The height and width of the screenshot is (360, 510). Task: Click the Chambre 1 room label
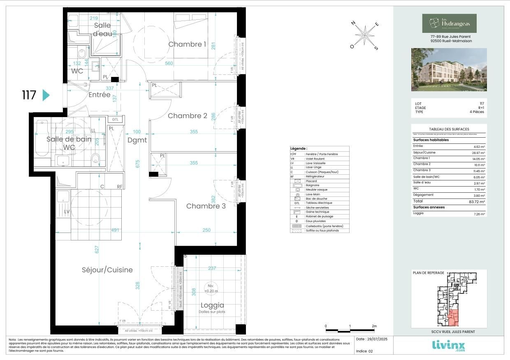coord(187,44)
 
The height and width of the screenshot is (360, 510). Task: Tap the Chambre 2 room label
coord(187,116)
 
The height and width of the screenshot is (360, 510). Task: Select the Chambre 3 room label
coord(206,206)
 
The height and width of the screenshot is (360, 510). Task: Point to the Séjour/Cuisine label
coord(107,270)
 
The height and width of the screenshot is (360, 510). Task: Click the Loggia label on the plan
coord(212,305)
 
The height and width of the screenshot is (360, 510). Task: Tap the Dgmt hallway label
coord(137,140)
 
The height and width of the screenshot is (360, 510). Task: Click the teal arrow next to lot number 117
coord(46,95)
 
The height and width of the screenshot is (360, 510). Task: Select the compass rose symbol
coord(364,35)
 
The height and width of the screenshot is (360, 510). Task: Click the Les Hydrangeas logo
coord(449,23)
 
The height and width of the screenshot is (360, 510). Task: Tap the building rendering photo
coord(449,69)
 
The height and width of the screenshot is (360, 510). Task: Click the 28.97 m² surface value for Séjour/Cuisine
coord(479,152)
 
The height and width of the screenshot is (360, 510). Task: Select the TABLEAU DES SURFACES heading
coord(449,129)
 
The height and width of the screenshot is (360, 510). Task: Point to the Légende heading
coord(299,148)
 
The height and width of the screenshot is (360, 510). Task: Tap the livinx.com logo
coord(449,346)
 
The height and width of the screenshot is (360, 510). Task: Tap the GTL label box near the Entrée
coord(115,120)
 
